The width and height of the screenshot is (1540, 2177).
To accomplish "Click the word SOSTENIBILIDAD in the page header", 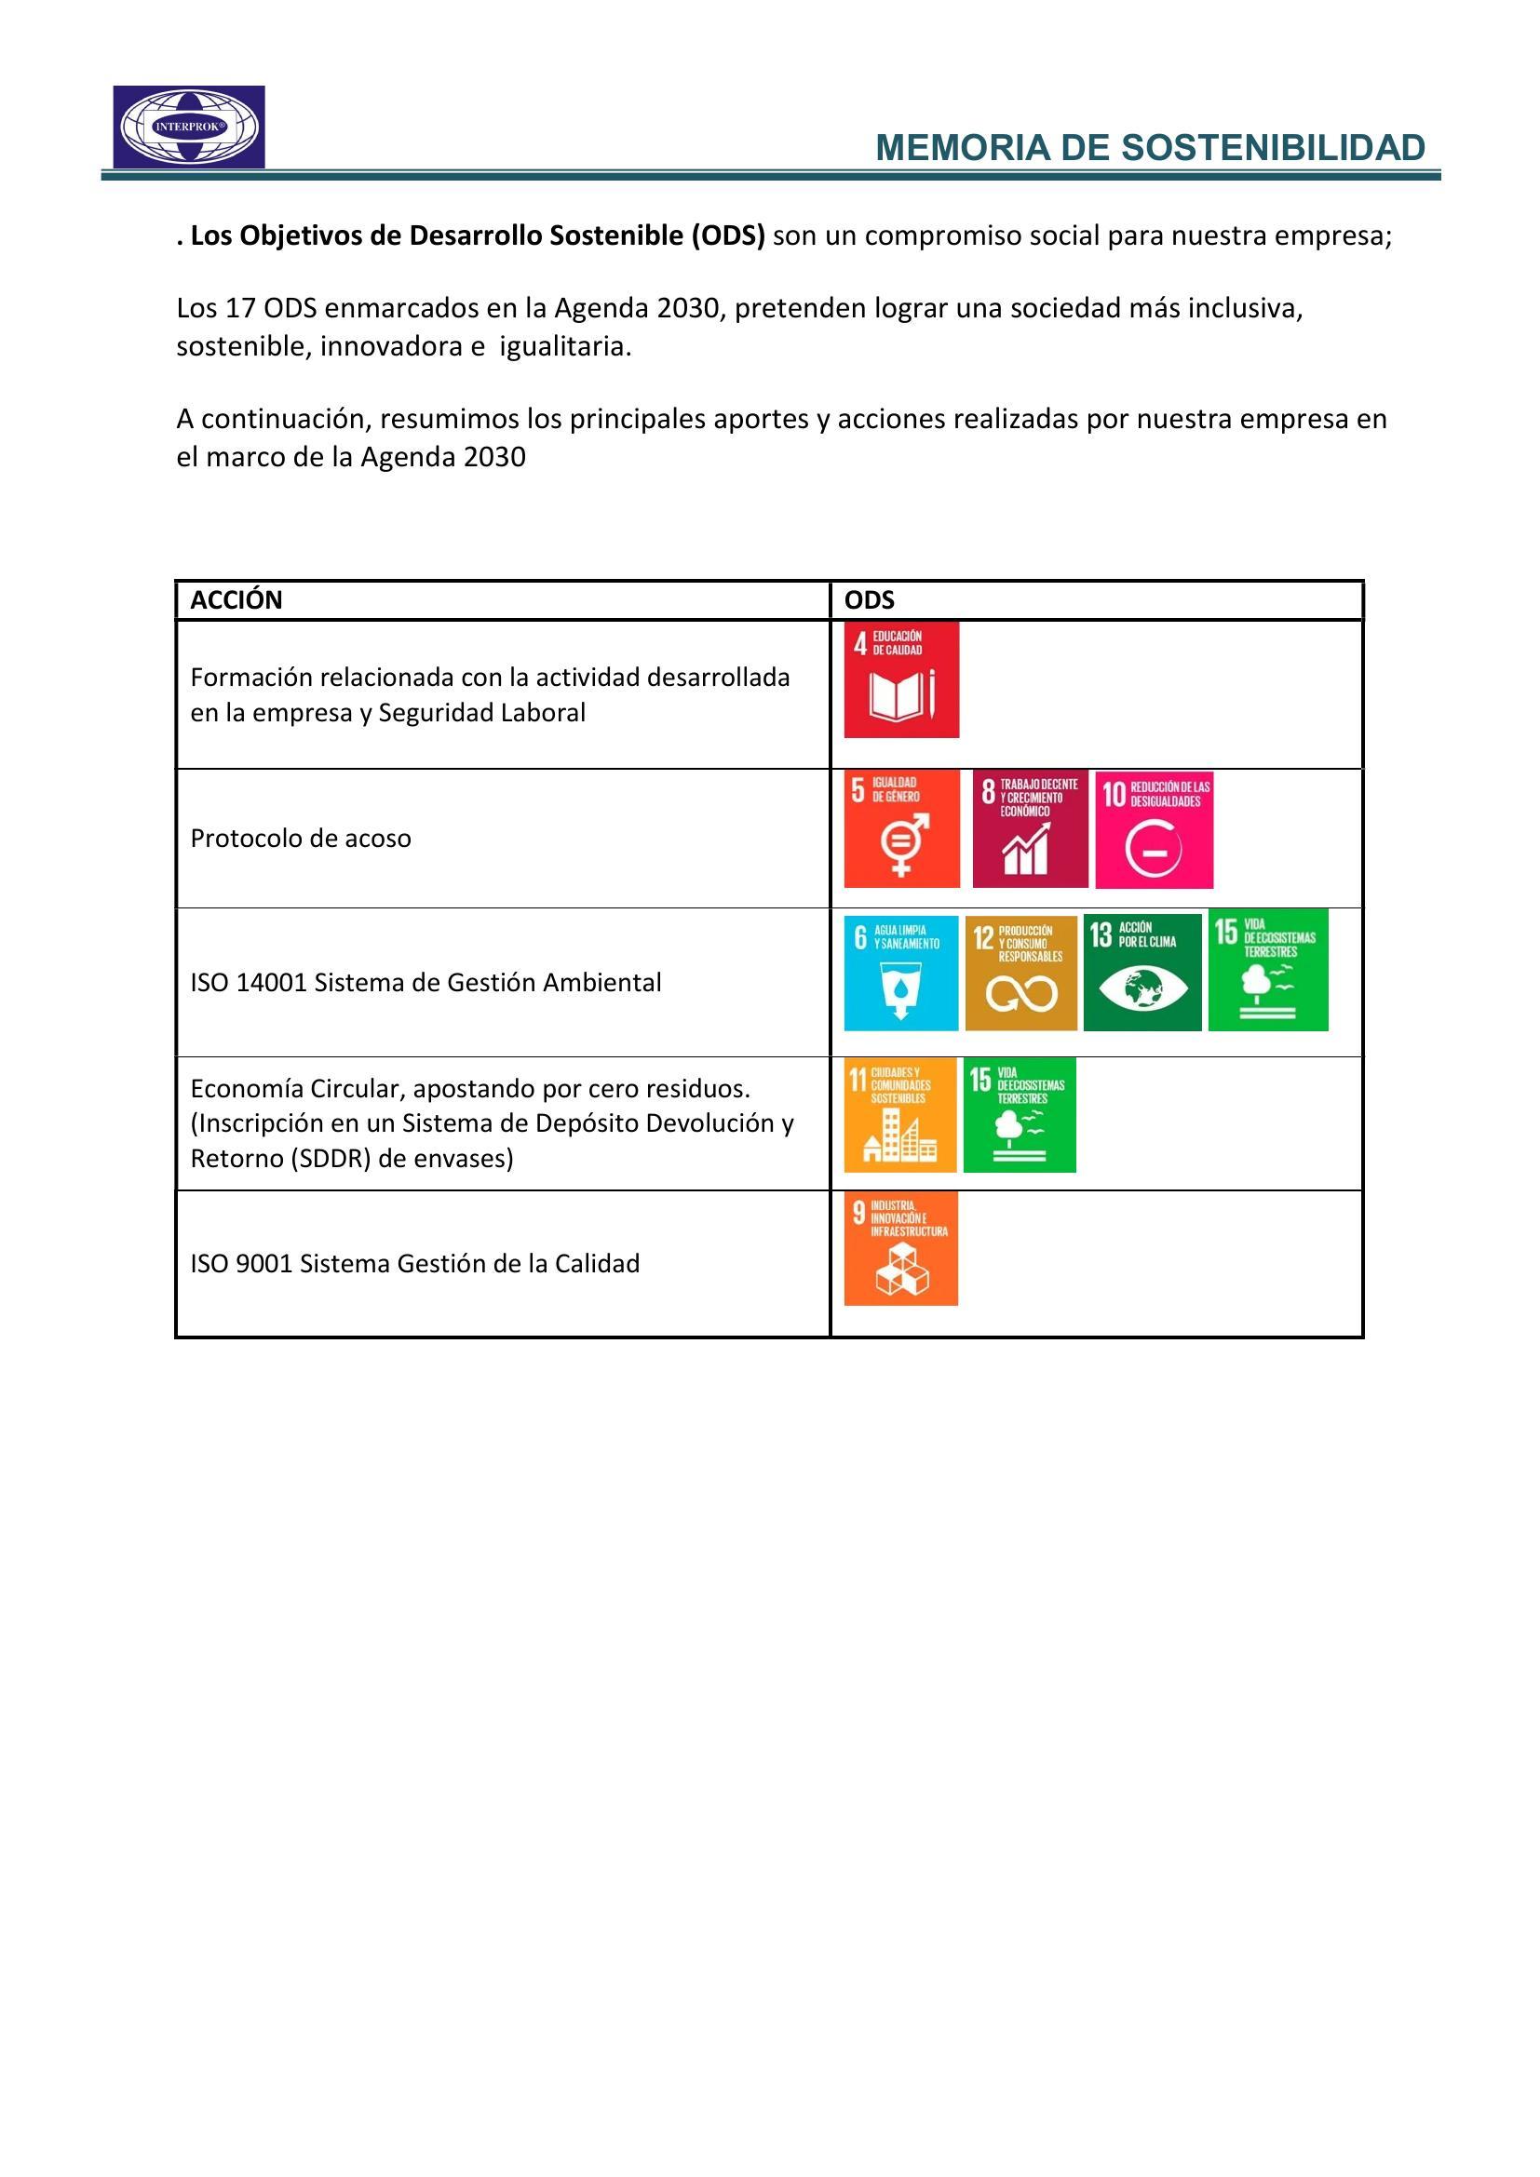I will (1274, 148).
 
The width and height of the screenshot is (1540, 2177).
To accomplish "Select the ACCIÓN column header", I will (236, 600).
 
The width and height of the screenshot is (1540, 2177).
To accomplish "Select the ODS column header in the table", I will (869, 600).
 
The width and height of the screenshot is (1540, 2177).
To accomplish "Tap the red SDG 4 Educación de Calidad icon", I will (901, 679).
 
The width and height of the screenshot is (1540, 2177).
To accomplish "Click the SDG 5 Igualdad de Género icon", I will (901, 828).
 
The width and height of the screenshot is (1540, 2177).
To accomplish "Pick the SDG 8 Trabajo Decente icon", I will (1030, 828).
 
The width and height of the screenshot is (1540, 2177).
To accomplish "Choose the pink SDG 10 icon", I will (1154, 828).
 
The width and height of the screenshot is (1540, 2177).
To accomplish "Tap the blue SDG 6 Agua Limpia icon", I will (901, 972).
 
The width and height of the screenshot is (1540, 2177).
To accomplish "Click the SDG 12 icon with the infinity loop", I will (1021, 972).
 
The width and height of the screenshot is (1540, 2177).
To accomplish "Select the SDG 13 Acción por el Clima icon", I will (1141, 972).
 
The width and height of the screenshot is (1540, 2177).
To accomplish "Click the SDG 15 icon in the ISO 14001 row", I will (1268, 970).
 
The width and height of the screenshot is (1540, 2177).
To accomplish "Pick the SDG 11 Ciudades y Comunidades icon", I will (900, 1115).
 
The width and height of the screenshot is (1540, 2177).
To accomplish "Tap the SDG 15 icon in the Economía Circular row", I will (1020, 1115).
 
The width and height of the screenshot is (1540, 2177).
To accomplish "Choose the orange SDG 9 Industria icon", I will (901, 1249).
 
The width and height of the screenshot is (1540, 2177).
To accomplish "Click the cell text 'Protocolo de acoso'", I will (301, 839).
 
